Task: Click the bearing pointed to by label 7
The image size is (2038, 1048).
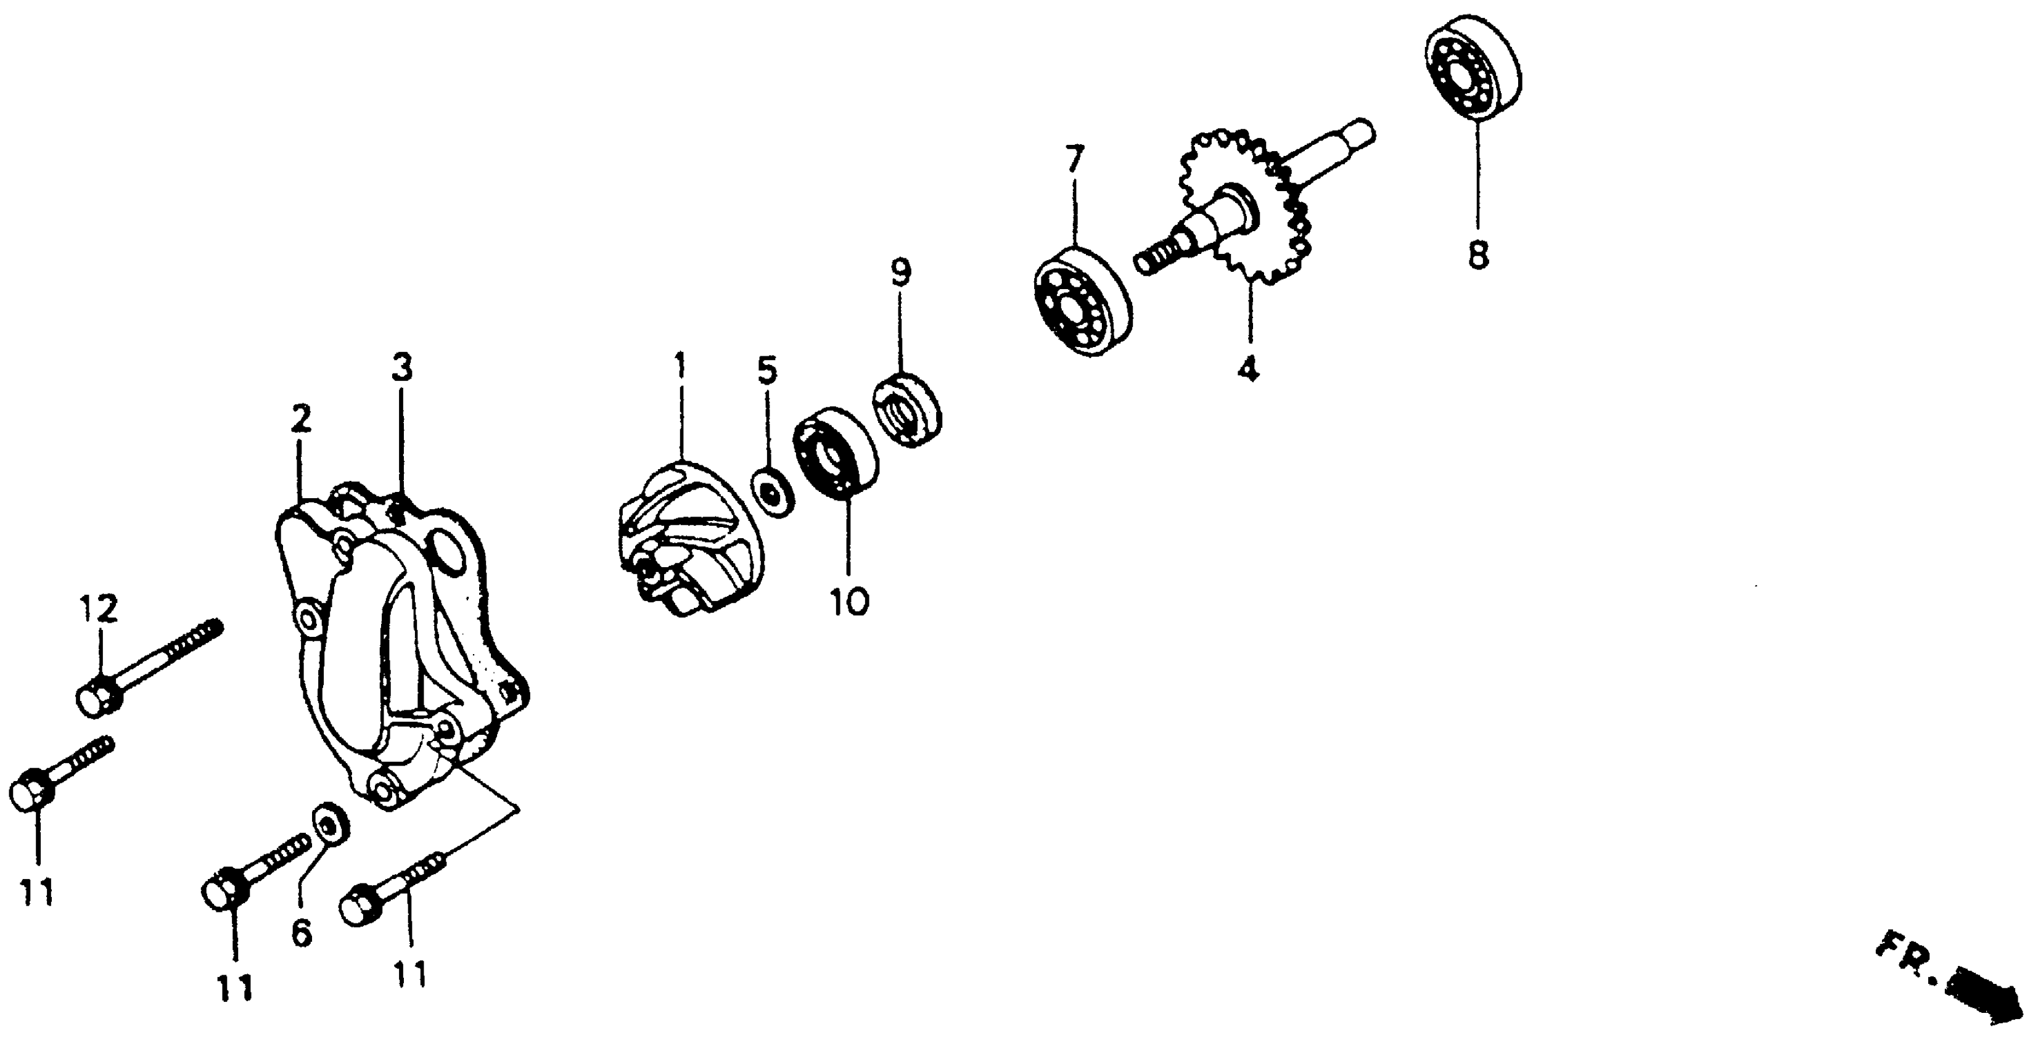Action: coord(1083,303)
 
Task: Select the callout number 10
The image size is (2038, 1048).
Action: coord(850,602)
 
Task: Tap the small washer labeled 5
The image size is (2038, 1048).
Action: coord(772,494)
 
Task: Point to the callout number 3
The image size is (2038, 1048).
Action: coord(403,369)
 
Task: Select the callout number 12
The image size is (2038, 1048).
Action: coord(98,608)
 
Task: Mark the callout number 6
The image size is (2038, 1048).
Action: coord(302,933)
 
